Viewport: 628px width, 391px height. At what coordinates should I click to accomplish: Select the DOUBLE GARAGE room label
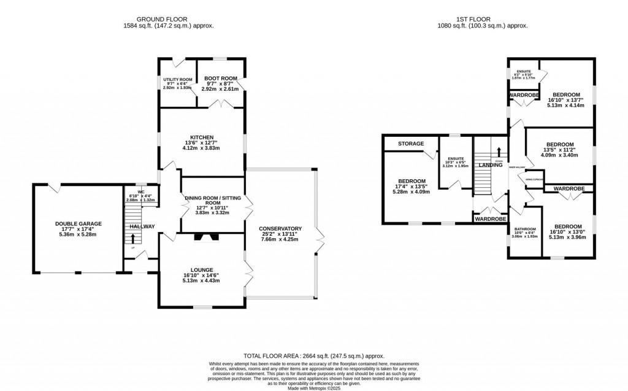click(x=78, y=223)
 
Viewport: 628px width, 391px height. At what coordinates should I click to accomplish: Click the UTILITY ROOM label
click(x=177, y=80)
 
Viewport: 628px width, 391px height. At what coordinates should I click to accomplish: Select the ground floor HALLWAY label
click(x=142, y=226)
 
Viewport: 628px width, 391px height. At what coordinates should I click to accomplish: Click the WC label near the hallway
click(x=140, y=191)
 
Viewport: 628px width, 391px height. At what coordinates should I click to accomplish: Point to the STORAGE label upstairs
click(x=410, y=144)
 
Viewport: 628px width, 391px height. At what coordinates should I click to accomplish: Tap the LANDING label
click(x=491, y=165)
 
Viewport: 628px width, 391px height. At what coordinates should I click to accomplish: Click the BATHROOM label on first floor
click(x=525, y=230)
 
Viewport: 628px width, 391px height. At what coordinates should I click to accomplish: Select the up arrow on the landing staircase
click(x=499, y=151)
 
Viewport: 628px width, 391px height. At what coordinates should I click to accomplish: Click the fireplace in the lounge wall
click(x=201, y=238)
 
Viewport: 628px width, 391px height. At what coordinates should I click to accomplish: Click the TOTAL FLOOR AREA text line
click(x=313, y=355)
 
